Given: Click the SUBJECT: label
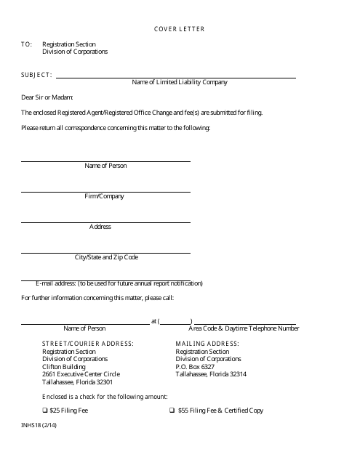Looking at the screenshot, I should [36, 74].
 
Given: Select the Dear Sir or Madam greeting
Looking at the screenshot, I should [47, 97].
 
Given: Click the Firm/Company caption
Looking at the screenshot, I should [105, 196].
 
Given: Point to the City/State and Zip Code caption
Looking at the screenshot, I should [106, 257].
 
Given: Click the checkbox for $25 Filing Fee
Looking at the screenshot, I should [45, 411].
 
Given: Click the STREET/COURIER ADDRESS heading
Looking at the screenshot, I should [88, 342].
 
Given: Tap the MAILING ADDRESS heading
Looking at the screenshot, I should [207, 342].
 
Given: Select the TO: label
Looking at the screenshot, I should [27, 44].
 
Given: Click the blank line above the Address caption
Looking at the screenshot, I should [105, 222].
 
